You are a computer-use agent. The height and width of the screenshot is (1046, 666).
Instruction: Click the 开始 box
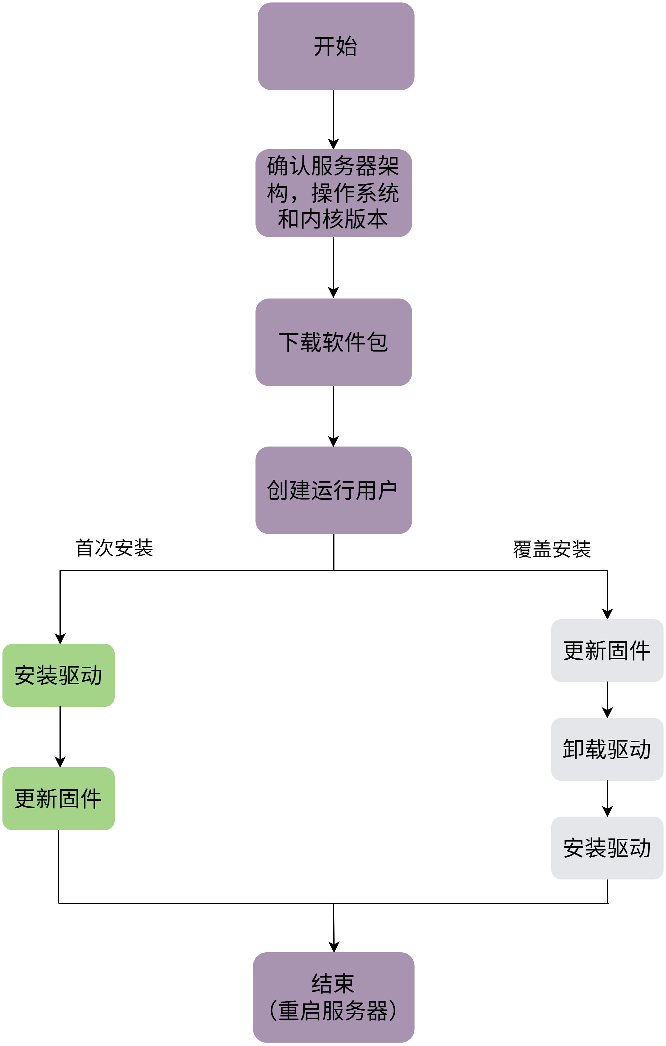click(336, 47)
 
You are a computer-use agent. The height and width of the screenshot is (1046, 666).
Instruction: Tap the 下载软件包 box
click(333, 342)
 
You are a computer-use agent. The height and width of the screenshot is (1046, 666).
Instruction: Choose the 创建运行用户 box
click(333, 490)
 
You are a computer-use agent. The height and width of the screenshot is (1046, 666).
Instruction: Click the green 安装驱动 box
click(58, 675)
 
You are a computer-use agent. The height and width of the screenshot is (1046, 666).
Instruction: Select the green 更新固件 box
click(58, 798)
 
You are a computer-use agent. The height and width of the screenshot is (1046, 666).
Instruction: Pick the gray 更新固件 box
click(607, 650)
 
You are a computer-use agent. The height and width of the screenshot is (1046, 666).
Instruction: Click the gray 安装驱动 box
click(607, 848)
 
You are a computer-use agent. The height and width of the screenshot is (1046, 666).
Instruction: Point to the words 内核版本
click(344, 219)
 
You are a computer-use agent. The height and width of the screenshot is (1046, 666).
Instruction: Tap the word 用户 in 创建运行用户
click(376, 490)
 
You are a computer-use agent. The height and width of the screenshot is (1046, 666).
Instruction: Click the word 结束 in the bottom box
click(333, 983)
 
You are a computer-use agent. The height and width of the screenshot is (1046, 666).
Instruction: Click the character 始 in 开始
click(347, 47)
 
